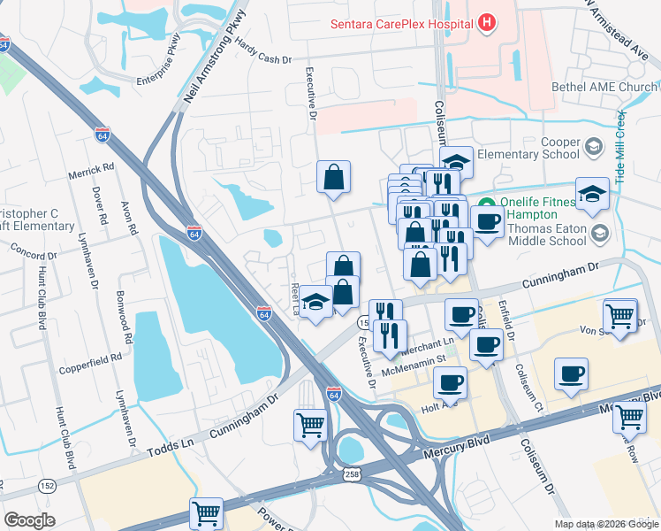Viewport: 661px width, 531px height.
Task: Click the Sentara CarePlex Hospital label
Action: pos(401,23)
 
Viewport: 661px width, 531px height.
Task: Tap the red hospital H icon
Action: pos(484,23)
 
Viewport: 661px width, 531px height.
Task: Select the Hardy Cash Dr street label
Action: pos(262,58)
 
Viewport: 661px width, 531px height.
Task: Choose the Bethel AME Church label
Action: pos(615,87)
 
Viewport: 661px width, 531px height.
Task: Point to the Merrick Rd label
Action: pos(92,166)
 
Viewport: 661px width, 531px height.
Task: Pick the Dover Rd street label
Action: pos(100,204)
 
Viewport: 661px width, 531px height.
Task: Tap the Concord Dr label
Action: pos(33,254)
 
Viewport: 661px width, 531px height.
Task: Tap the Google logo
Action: pos(29,520)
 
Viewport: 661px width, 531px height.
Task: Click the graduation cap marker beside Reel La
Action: pos(315,303)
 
